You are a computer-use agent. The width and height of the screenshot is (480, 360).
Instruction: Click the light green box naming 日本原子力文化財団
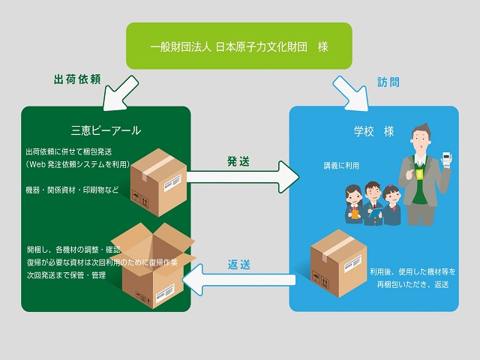(x=239, y=46)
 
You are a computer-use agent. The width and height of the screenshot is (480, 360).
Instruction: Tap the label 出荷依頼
(x=77, y=79)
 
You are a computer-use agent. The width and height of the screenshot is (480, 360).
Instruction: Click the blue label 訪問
(x=388, y=82)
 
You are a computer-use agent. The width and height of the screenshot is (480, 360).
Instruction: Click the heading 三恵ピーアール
(x=106, y=130)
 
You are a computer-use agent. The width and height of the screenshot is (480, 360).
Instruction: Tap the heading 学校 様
(x=373, y=132)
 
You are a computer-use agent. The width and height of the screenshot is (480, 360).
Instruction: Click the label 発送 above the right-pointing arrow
(x=238, y=161)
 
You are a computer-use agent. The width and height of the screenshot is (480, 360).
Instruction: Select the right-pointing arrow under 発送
(x=243, y=177)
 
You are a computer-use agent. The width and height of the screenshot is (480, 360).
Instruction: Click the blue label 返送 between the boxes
(x=238, y=265)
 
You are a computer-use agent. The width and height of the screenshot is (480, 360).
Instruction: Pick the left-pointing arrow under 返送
(x=238, y=280)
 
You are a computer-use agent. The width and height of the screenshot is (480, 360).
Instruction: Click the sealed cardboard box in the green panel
(x=158, y=182)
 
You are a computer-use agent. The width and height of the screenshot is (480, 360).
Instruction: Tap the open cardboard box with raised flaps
(x=153, y=265)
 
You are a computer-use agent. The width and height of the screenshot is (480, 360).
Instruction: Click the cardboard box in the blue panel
(x=338, y=263)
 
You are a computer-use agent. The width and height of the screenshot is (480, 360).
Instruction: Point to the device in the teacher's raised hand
(x=446, y=159)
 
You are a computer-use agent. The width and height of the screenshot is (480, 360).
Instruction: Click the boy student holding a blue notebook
(x=373, y=203)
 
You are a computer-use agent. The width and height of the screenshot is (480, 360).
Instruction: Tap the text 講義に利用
(x=341, y=166)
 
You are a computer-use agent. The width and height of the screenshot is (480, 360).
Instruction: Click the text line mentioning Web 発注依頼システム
(x=78, y=164)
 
